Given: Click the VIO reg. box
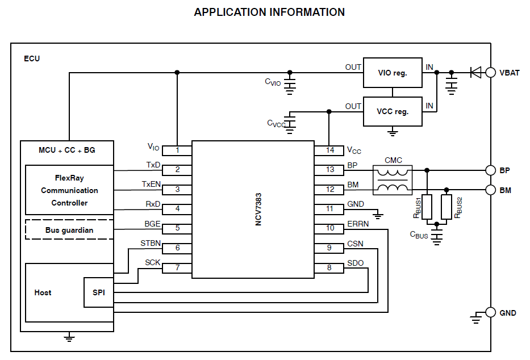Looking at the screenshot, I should click(x=393, y=73).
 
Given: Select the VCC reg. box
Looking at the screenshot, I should click(x=393, y=111).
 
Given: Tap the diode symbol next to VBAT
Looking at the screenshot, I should click(x=475, y=72).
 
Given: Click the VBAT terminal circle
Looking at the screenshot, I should click(x=491, y=72).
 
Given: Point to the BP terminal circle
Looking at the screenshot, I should click(x=491, y=170).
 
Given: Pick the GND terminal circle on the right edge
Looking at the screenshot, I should click(x=491, y=313).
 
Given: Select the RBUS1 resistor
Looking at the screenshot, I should click(x=427, y=206).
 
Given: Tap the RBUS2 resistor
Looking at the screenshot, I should click(x=447, y=206).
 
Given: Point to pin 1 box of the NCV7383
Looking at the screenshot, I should click(x=177, y=150).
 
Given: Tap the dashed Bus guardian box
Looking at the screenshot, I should click(x=69, y=230).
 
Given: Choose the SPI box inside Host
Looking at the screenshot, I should click(x=98, y=292).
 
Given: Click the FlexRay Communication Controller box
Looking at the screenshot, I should click(x=69, y=190).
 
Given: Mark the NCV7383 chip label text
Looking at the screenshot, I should click(x=258, y=209).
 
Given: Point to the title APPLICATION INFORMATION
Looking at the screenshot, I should click(x=269, y=12).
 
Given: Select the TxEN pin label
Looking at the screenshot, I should click(x=152, y=185).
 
